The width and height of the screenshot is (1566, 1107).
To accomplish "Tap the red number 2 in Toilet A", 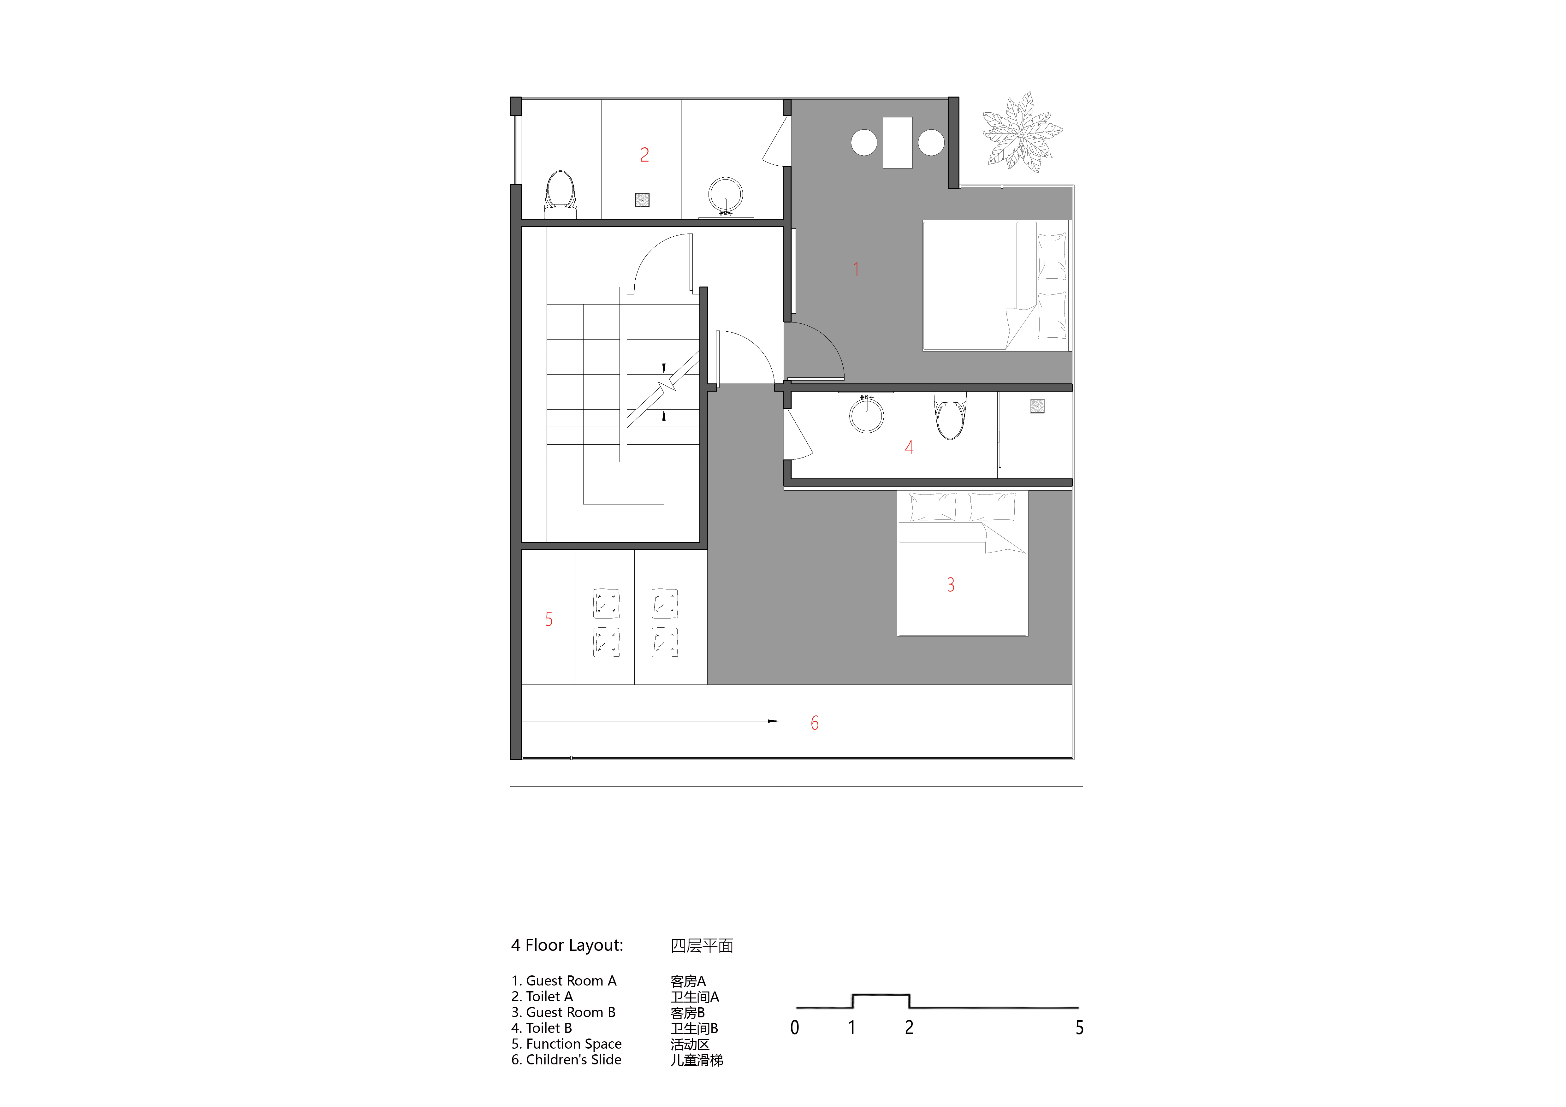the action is tap(644, 155).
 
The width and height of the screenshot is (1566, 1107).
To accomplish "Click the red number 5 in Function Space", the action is tap(549, 619).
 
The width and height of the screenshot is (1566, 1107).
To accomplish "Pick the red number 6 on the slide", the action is tap(814, 723).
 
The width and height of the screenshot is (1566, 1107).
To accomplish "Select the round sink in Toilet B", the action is tap(866, 414).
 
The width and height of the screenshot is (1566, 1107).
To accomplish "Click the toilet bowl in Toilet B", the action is tap(950, 416).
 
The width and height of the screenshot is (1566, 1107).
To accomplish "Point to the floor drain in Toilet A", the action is tap(642, 200).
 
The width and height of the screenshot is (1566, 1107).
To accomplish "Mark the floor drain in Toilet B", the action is tap(1037, 406).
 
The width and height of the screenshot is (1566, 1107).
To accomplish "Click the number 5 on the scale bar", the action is tap(1079, 1027).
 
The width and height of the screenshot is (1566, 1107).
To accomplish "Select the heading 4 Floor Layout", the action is tap(567, 945).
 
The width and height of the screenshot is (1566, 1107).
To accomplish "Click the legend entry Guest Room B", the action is tap(570, 1012).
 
